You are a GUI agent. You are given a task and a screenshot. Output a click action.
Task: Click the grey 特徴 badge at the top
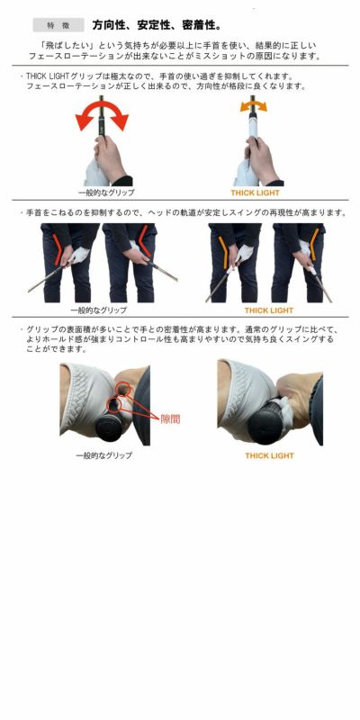[58, 25]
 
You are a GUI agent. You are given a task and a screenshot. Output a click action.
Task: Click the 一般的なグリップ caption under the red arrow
[106, 193]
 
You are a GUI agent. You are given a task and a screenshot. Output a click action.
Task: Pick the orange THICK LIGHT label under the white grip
[255, 193]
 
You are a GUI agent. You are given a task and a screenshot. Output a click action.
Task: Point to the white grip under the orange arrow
[253, 124]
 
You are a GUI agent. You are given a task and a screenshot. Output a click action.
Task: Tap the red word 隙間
[170, 418]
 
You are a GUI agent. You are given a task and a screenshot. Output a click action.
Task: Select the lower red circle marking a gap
[113, 405]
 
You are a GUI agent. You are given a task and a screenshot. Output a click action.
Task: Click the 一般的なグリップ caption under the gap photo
[103, 455]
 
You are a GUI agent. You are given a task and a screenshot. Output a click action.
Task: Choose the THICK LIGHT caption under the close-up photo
[269, 455]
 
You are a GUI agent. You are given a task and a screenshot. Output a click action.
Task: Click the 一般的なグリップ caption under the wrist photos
[99, 310]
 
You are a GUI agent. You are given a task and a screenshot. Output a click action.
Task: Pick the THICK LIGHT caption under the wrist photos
[268, 310]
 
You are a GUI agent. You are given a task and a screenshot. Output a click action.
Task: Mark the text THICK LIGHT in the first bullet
[46, 76]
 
